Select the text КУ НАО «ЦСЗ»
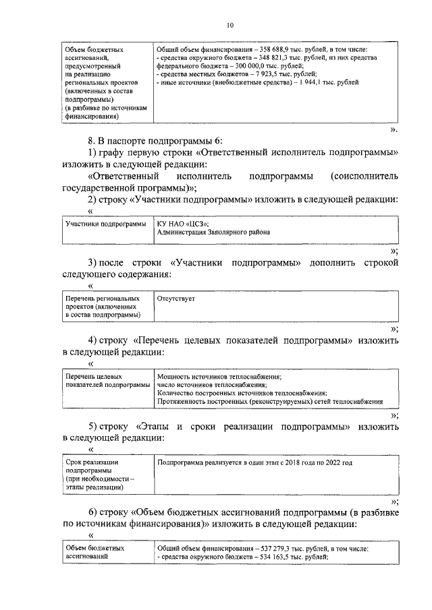point(182,224)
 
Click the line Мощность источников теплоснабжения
point(219,377)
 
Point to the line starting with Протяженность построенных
point(269,401)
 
